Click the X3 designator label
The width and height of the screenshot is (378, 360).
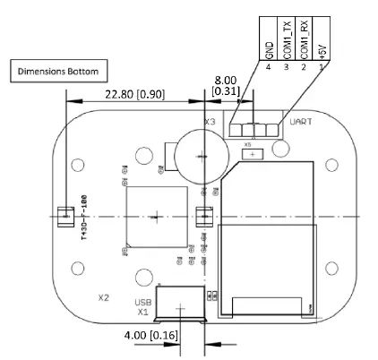(210, 122)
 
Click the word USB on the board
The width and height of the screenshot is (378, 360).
(142, 302)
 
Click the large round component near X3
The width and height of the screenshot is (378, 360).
(198, 154)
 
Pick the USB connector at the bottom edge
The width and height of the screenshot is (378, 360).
(181, 304)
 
